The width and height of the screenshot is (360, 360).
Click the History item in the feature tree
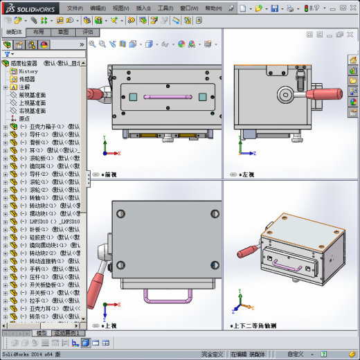28,71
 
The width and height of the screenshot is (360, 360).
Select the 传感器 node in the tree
28,80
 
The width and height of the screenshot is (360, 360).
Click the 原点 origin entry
24,118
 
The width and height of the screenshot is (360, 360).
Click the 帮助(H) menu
213,8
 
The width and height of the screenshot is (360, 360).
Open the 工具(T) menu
165,8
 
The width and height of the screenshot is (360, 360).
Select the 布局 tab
39,32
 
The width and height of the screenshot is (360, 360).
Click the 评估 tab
88,32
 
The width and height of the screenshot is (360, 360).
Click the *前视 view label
109,174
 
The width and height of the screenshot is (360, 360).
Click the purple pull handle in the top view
163,296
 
